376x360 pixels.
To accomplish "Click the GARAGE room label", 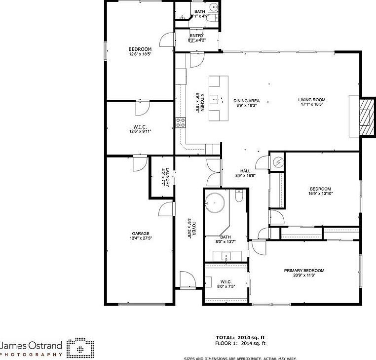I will (x=140, y=234).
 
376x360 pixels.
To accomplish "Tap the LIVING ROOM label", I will (x=311, y=100).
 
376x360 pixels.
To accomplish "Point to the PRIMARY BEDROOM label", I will (x=304, y=271).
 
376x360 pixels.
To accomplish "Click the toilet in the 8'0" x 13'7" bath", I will (x=239, y=197).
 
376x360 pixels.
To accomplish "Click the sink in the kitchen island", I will (x=216, y=98).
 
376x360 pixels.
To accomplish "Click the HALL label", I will (x=245, y=171).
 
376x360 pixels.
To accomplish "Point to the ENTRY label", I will (x=196, y=36).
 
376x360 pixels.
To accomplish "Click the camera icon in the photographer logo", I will (x=80, y=348).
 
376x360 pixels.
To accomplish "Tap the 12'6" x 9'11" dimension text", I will (x=140, y=131).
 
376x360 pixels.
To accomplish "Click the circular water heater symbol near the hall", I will (x=278, y=161).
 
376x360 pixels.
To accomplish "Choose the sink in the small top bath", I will (x=213, y=7).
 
